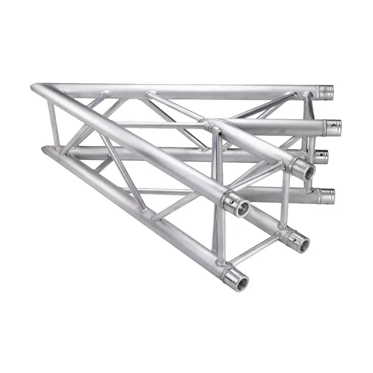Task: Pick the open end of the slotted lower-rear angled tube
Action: point(301,242)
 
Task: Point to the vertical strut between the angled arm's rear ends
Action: point(284,200)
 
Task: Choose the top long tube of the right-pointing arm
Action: point(186,89)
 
